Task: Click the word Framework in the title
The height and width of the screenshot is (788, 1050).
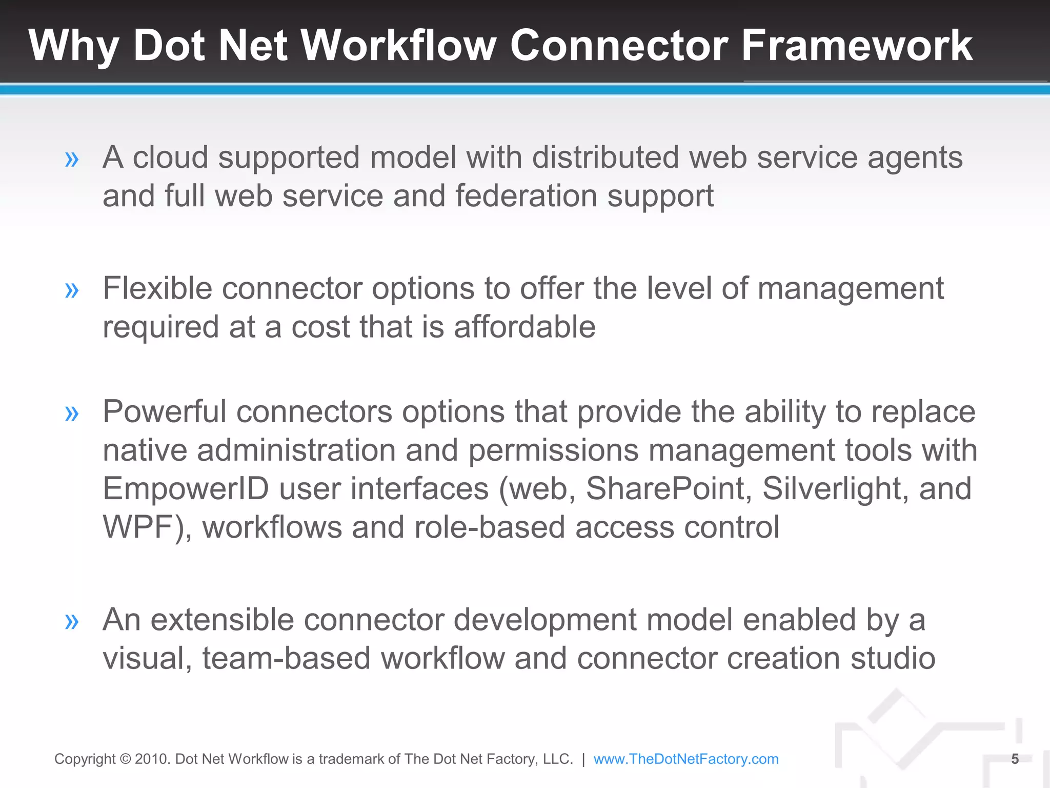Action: pyautogui.click(x=857, y=45)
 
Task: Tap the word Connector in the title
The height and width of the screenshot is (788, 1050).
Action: pyautogui.click(x=619, y=45)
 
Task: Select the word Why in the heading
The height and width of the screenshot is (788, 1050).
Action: pyautogui.click(x=74, y=46)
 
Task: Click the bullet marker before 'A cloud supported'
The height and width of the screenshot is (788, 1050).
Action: pyautogui.click(x=72, y=160)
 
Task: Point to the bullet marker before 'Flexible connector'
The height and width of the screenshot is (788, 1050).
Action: pyautogui.click(x=72, y=290)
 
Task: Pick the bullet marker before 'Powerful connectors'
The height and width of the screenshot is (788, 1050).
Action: pyautogui.click(x=72, y=413)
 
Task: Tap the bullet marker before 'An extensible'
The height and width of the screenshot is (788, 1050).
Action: pyautogui.click(x=72, y=622)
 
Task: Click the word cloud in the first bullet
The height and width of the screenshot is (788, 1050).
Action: pyautogui.click(x=170, y=157)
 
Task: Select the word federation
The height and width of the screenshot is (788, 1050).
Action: pyautogui.click(x=526, y=196)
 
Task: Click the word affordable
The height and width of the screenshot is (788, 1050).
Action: pyautogui.click(x=524, y=327)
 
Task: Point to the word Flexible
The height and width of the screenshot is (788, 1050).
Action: pyautogui.click(x=157, y=288)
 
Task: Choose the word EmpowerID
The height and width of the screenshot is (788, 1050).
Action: pyautogui.click(x=186, y=488)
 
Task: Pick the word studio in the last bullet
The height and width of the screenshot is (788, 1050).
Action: pyautogui.click(x=893, y=658)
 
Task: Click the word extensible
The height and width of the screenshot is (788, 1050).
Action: pyautogui.click(x=222, y=620)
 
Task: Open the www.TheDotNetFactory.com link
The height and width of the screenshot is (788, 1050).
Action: pyautogui.click(x=685, y=759)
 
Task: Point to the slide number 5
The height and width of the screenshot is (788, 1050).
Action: pyautogui.click(x=1015, y=759)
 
